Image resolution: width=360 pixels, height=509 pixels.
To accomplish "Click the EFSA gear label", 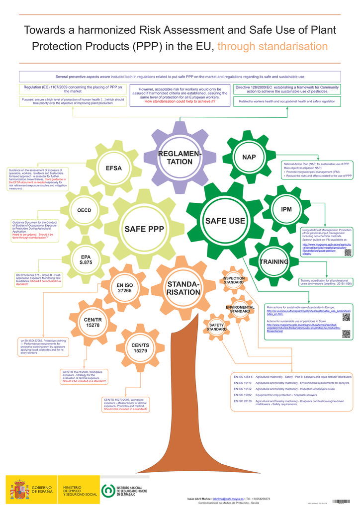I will pyautogui.click(x=113, y=168).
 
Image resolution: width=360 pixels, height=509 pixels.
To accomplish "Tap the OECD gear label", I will pyautogui.click(x=84, y=210).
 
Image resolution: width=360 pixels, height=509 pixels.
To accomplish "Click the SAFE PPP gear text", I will pyautogui.click(x=144, y=229).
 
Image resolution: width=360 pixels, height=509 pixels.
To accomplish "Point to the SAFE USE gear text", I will pyautogui.click(x=225, y=221).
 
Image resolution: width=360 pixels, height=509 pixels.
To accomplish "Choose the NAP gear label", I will pyautogui.click(x=249, y=157).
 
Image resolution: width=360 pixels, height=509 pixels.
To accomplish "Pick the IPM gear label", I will pyautogui.click(x=286, y=209).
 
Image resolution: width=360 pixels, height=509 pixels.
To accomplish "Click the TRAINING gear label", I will pyautogui.click(x=274, y=262).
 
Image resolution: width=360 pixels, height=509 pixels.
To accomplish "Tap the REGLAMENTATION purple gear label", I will pyautogui.click(x=180, y=158).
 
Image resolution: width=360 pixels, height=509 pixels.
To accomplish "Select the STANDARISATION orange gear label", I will pyautogui.click(x=183, y=288).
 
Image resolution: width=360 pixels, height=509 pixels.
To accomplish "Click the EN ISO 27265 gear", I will pyautogui.click(x=124, y=288).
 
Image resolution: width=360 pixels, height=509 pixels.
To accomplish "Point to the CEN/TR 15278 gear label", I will pyautogui.click(x=92, y=322).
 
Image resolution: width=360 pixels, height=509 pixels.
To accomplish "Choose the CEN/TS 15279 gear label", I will pyautogui.click(x=140, y=347).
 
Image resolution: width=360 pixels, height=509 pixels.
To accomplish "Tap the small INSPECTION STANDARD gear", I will pyautogui.click(x=233, y=280).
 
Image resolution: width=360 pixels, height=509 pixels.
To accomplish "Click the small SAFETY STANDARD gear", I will pyautogui.click(x=216, y=327).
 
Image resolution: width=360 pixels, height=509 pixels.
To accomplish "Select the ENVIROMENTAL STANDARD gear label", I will pyautogui.click(x=240, y=309).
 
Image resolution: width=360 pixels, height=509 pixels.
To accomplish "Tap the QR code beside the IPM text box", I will pyautogui.click(x=348, y=252).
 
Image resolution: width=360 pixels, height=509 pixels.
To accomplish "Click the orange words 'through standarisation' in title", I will pyautogui.click(x=273, y=46).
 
